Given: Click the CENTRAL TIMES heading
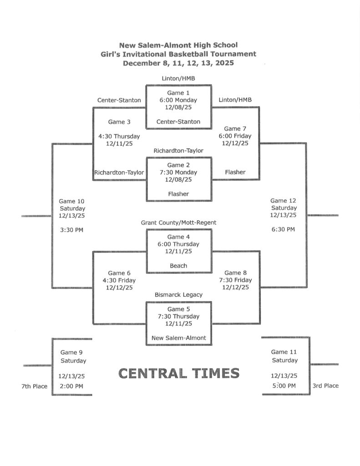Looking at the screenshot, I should coord(179,374).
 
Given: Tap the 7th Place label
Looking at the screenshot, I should coord(34,386).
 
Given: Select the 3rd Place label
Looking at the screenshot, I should coord(325,386).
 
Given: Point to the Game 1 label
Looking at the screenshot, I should coord(178,93).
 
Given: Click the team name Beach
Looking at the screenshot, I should coord(178,266).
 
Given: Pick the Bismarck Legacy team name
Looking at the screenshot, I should coord(178,295).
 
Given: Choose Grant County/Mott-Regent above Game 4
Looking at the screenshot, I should coord(178,223).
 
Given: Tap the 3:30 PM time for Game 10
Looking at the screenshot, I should coord(72,230).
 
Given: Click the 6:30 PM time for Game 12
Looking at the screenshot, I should coord(283,229).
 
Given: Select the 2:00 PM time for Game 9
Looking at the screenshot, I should coord(72,386).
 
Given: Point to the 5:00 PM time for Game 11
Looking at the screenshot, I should coord(284,386).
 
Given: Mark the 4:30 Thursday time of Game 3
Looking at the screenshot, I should coord(119,136).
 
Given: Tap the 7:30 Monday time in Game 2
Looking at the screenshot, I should coord(178,172).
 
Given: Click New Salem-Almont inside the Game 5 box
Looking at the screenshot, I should coord(178,338).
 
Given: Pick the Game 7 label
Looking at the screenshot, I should coord(235,129).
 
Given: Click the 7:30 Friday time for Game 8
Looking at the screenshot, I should coord(235,280).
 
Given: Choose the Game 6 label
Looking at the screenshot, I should coord(119,273).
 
